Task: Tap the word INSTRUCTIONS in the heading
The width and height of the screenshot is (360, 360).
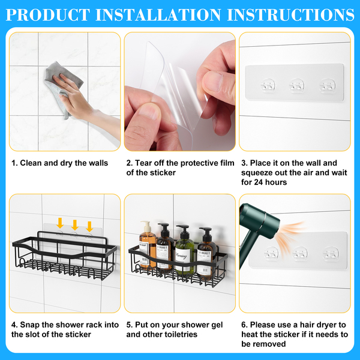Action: click(x=290, y=14)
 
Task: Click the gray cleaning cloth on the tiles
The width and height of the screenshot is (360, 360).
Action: click(x=62, y=87)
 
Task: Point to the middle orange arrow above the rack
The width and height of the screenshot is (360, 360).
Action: click(x=75, y=225)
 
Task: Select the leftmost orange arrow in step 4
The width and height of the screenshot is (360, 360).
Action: click(x=60, y=223)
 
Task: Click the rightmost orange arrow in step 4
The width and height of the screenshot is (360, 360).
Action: click(x=89, y=227)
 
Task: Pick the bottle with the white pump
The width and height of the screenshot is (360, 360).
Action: click(x=147, y=245)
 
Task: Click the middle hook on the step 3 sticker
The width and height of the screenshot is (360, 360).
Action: click(x=296, y=86)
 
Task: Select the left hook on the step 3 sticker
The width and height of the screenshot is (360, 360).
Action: click(x=268, y=85)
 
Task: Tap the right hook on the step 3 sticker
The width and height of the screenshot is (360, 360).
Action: click(x=328, y=86)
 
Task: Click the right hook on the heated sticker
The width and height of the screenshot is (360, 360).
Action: click(x=331, y=254)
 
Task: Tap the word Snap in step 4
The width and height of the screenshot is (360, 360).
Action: click(x=30, y=325)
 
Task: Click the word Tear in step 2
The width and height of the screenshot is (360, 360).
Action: click(x=143, y=163)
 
